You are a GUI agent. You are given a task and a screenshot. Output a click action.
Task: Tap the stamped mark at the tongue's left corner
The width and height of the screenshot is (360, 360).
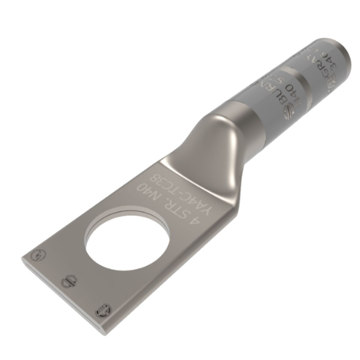(x=37, y=253)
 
